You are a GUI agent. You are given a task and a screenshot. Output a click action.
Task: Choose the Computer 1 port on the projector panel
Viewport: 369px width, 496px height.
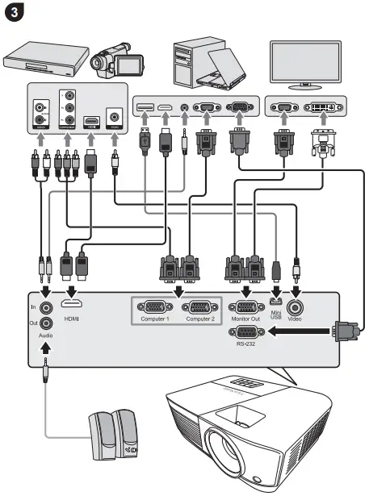[x=154, y=306]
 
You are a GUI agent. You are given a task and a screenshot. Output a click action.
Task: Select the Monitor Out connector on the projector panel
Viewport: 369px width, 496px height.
[x=244, y=306]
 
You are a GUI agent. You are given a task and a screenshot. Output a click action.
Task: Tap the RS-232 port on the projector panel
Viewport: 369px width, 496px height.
[x=245, y=331]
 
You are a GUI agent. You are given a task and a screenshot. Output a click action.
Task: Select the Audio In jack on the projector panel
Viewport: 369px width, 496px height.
[x=47, y=306]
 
